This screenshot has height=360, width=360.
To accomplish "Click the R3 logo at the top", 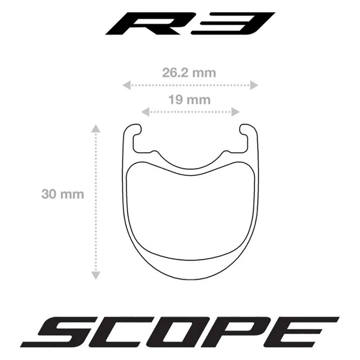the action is [x=190, y=23].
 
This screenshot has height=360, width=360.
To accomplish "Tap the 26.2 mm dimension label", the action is [x=189, y=73].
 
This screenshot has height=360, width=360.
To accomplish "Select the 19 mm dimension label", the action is [x=189, y=100].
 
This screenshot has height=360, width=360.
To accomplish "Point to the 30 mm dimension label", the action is [x=63, y=194].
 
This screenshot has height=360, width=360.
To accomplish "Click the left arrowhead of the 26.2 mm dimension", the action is [x=127, y=85].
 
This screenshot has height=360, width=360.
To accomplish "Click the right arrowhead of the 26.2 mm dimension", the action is [x=254, y=85].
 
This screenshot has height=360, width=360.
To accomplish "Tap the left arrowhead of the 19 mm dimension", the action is [x=145, y=112].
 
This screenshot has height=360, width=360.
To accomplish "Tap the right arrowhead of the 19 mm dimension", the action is [x=235, y=112].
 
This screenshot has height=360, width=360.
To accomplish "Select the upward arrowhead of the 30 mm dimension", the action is [x=96, y=129].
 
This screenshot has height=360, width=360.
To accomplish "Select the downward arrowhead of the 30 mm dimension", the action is [x=96, y=275].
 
